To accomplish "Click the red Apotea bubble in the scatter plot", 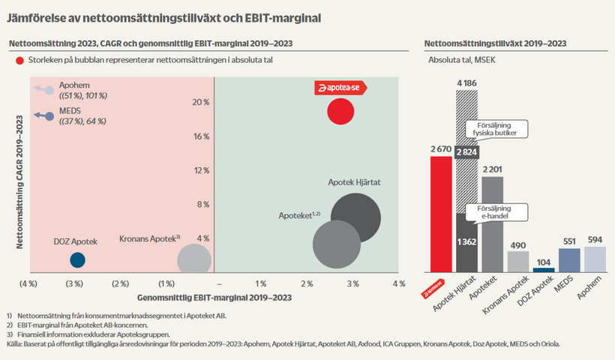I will pyautogui.click(x=340, y=112).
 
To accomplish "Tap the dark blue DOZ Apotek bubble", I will pyautogui.click(x=77, y=260).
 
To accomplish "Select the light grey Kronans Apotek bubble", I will pyautogui.click(x=193, y=259).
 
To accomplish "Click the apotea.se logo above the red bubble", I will pyautogui.click(x=340, y=88).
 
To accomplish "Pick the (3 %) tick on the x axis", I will pyautogui.click(x=74, y=284).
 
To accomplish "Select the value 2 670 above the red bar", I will pyautogui.click(x=441, y=150).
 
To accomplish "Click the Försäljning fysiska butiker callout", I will pyautogui.click(x=492, y=128).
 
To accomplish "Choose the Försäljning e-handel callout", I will pyautogui.click(x=492, y=211).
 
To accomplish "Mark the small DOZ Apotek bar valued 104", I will pyautogui.click(x=544, y=269).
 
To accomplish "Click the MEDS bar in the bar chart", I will pyautogui.click(x=569, y=259).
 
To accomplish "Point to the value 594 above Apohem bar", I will pyautogui.click(x=595, y=241).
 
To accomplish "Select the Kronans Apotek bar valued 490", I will pyautogui.click(x=518, y=261).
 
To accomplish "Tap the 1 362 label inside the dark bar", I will pyautogui.click(x=467, y=241).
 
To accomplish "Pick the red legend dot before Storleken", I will pyautogui.click(x=18, y=59).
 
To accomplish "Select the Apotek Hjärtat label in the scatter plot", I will pyautogui.click(x=356, y=182).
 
